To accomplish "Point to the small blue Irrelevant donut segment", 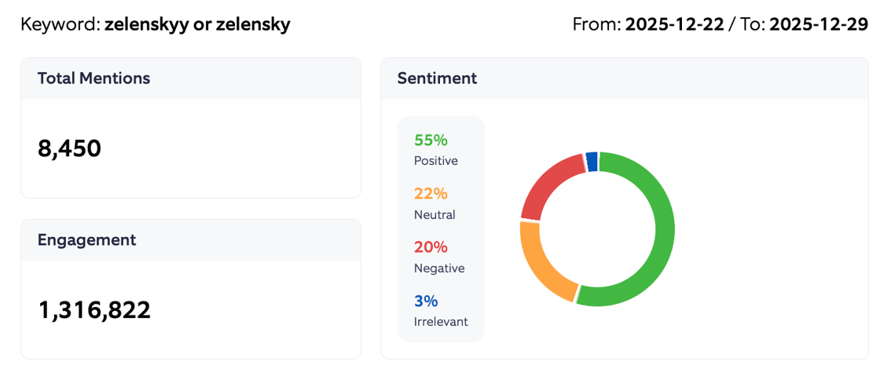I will [x=592, y=161].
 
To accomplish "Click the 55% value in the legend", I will [x=431, y=141].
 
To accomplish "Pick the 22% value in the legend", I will [x=431, y=194].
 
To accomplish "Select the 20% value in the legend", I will [x=431, y=247].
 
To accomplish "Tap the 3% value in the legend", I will [x=426, y=301].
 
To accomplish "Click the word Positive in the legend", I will [x=435, y=161].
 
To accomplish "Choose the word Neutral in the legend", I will [x=434, y=214].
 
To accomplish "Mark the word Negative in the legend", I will [x=438, y=268].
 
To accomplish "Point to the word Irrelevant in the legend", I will [x=440, y=321].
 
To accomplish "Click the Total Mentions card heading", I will [x=93, y=78].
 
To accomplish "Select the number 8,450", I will [x=69, y=148].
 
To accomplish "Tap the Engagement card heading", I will [x=86, y=240].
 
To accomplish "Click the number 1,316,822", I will [x=94, y=310].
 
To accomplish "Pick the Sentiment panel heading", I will [x=437, y=78].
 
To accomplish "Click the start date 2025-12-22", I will [x=674, y=24].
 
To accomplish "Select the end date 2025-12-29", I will [x=818, y=24].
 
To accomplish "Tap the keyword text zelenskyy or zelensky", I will [x=197, y=24].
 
